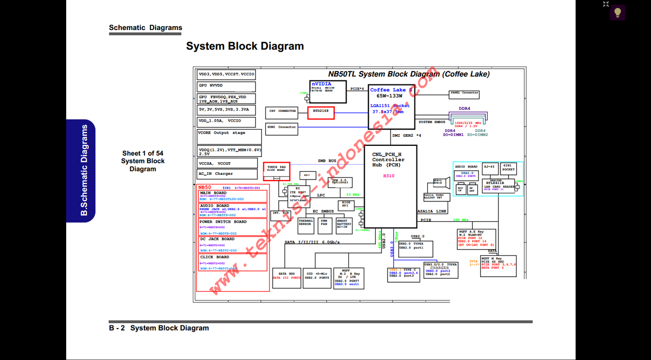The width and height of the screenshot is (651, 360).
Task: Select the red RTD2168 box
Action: (x=321, y=113)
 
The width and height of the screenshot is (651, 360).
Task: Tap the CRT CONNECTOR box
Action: (x=281, y=111)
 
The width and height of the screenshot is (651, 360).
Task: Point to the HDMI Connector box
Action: (x=281, y=127)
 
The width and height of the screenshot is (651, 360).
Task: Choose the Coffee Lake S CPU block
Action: (x=391, y=106)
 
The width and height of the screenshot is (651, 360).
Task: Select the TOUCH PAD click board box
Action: (x=276, y=168)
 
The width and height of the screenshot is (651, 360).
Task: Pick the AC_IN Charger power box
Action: (x=227, y=174)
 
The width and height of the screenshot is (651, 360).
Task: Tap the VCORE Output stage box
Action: (x=229, y=136)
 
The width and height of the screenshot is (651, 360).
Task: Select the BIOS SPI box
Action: (x=346, y=205)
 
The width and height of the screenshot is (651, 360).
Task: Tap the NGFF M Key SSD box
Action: (x=498, y=266)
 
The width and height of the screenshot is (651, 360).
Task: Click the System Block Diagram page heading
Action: (x=245, y=46)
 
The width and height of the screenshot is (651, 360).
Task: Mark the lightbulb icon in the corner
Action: (x=617, y=13)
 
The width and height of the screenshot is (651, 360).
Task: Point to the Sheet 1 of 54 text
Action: (x=143, y=153)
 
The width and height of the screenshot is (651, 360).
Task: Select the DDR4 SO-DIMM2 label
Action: (x=478, y=133)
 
